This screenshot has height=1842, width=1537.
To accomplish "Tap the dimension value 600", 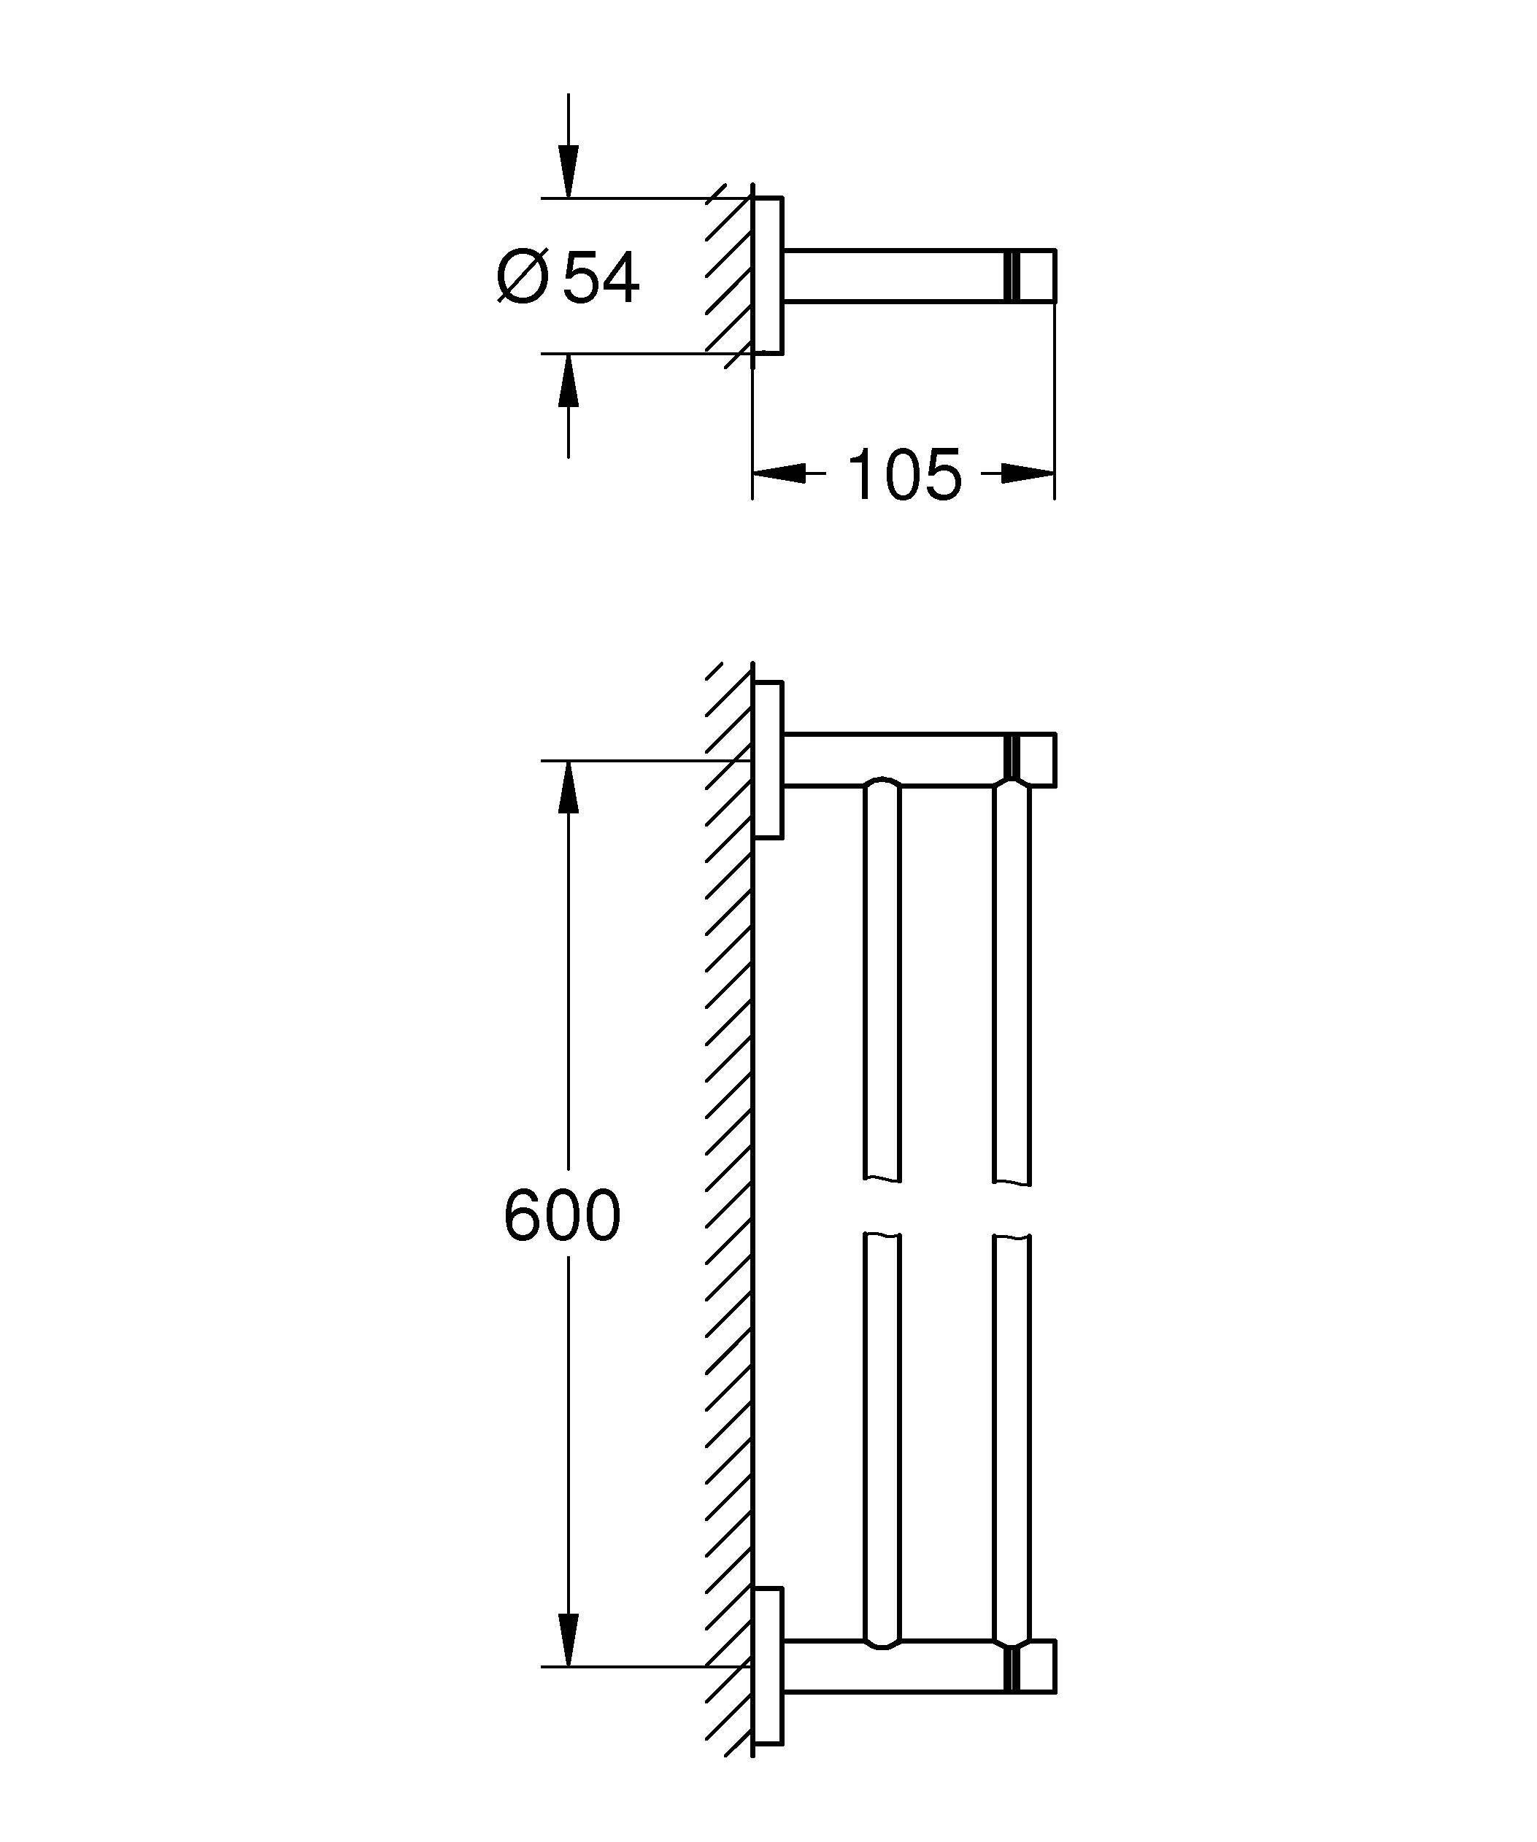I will point(563,1215).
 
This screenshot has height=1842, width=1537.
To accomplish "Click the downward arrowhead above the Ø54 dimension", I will point(569,174).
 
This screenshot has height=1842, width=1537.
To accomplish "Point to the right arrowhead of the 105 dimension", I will point(1028,474).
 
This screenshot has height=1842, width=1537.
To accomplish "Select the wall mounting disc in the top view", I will point(768,276).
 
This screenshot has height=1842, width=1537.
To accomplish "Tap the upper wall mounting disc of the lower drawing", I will point(768,759).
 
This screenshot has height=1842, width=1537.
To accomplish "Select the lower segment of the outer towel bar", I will point(1012,1439).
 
